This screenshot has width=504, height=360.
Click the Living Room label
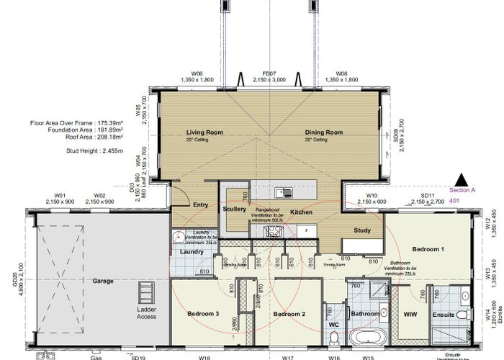click(x=202, y=133)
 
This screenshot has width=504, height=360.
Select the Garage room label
click(x=103, y=281)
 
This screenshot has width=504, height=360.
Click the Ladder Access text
click(x=147, y=314)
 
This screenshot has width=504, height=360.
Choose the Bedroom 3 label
click(x=204, y=315)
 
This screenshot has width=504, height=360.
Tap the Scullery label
click(x=235, y=209)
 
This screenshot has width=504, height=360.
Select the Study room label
click(x=362, y=230)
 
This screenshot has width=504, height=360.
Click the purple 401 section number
click(x=454, y=202)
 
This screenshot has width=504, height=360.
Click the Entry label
click(x=200, y=205)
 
